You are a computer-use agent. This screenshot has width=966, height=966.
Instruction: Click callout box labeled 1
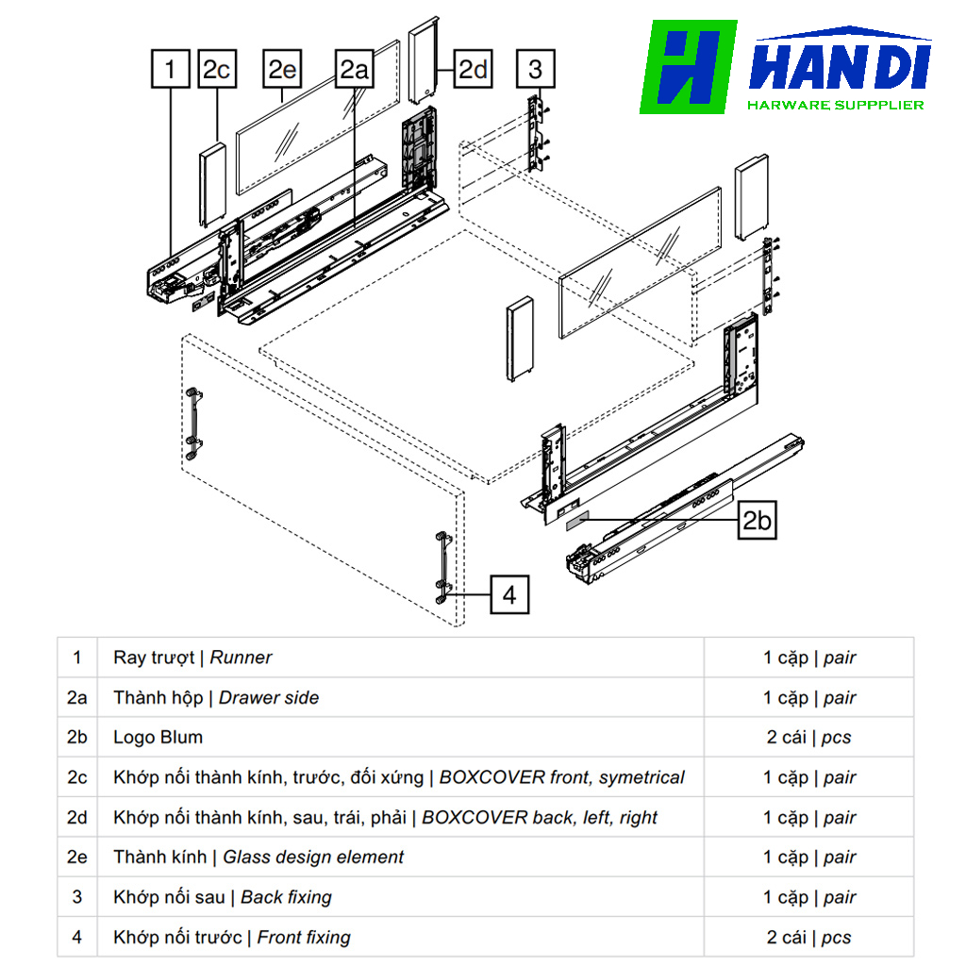click(x=170, y=70)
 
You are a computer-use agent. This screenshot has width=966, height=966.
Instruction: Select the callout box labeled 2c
click(x=217, y=70)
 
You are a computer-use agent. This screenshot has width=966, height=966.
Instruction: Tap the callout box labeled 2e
click(x=282, y=70)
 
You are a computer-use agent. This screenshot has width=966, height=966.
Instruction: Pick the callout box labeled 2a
click(x=355, y=70)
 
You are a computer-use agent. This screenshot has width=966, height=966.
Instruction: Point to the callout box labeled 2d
click(x=473, y=70)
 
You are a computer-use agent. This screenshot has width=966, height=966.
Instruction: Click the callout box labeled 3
click(x=536, y=70)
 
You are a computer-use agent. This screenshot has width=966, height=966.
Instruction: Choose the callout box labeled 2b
click(x=756, y=520)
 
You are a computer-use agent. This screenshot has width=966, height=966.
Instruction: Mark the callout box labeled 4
click(x=509, y=595)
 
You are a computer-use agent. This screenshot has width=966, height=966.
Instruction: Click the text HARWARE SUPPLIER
click(x=835, y=105)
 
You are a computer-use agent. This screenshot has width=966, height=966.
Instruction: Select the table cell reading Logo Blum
click(x=158, y=738)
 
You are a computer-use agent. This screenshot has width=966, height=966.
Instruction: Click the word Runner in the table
click(x=241, y=658)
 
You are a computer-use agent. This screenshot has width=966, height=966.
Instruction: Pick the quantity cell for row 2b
click(x=808, y=738)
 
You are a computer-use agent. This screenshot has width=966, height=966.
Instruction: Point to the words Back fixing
click(x=286, y=897)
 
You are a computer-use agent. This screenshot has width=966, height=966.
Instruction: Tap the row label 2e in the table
click(x=76, y=858)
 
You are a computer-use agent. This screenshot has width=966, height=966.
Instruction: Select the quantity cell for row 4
click(x=808, y=938)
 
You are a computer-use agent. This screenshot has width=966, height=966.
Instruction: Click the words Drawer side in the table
click(x=269, y=698)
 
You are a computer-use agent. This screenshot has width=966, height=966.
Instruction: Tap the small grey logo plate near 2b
click(x=576, y=519)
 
